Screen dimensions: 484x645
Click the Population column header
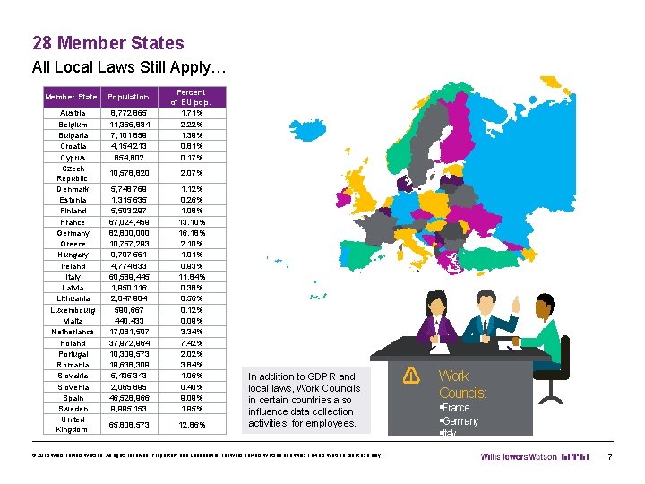click(x=128, y=97)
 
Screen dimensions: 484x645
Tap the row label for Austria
click(x=73, y=113)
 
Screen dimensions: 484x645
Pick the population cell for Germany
click(x=129, y=233)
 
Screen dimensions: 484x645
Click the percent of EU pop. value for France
click(x=192, y=222)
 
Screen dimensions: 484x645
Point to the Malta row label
click(x=73, y=321)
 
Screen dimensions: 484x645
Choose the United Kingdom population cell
click(x=129, y=424)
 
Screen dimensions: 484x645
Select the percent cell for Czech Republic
click(x=192, y=172)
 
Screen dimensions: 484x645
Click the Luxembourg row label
click(x=73, y=310)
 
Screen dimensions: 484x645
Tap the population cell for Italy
click(x=129, y=277)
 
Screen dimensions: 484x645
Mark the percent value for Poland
click(x=192, y=343)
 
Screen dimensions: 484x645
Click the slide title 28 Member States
click(x=107, y=43)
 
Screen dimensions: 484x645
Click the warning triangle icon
click(x=411, y=374)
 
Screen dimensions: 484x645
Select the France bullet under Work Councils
click(x=454, y=408)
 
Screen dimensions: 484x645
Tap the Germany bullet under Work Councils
click(x=459, y=421)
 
